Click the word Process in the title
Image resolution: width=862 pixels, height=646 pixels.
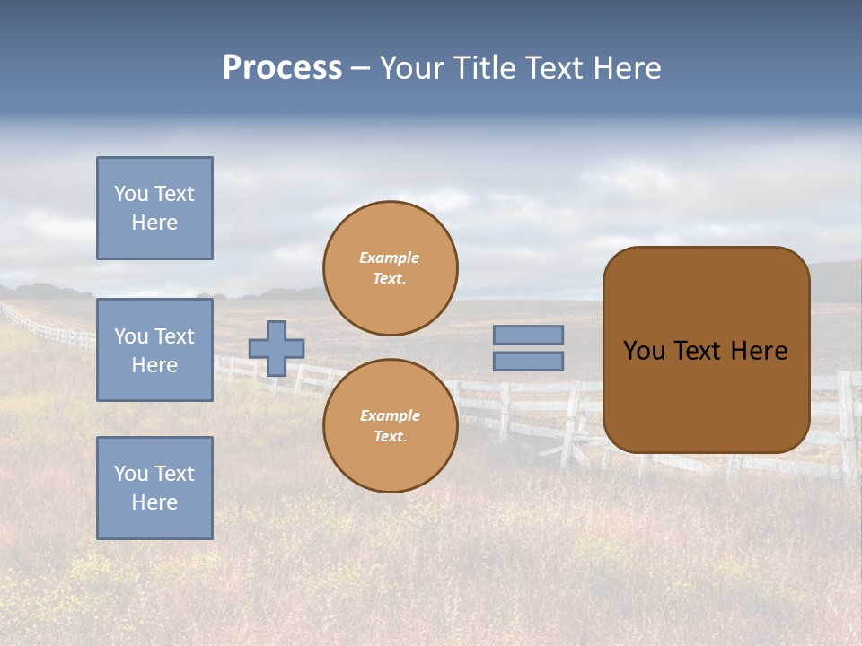point(282,68)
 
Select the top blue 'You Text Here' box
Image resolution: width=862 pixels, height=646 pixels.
point(154,208)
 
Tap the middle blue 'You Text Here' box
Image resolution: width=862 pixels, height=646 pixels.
point(154,350)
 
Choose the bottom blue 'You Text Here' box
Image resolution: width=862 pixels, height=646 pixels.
point(154,488)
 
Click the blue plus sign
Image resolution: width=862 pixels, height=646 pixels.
point(277,348)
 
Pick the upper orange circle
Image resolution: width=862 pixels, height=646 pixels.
point(391,268)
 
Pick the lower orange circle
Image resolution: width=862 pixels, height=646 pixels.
point(391,426)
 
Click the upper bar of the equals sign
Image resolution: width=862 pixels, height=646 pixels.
point(528,335)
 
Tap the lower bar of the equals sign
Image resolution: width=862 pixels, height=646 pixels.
point(528,362)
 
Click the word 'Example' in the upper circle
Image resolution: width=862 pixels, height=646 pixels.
point(390,258)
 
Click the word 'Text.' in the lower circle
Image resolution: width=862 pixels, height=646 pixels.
point(390,437)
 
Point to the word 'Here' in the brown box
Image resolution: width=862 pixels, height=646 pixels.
point(759,351)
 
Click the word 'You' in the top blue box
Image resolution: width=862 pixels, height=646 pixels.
point(131,194)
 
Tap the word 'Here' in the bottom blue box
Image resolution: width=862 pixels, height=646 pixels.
point(154,502)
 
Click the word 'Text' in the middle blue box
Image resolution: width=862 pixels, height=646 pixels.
point(174,336)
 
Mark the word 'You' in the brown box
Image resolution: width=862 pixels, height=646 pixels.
point(644,351)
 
